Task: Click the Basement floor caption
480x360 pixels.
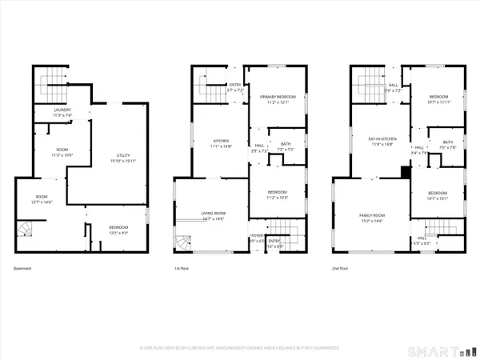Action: (22, 268)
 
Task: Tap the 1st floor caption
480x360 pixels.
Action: (183, 268)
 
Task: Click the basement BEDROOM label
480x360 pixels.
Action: (118, 227)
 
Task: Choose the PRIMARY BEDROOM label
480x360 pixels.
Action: (277, 97)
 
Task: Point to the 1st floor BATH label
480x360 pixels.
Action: (286, 144)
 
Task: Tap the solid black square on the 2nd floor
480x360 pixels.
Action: (406, 171)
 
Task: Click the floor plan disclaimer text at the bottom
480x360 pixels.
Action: (239, 348)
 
